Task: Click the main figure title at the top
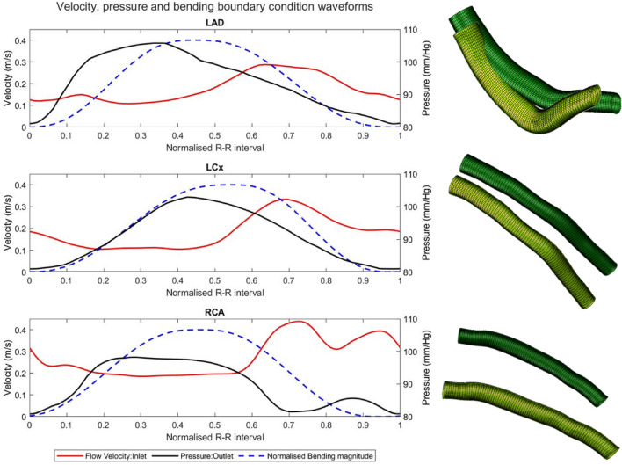pos(214,8)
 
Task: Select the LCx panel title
pos(214,167)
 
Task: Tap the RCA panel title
pos(214,312)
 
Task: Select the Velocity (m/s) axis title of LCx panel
pos(8,223)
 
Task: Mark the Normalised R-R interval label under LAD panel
pos(214,147)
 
